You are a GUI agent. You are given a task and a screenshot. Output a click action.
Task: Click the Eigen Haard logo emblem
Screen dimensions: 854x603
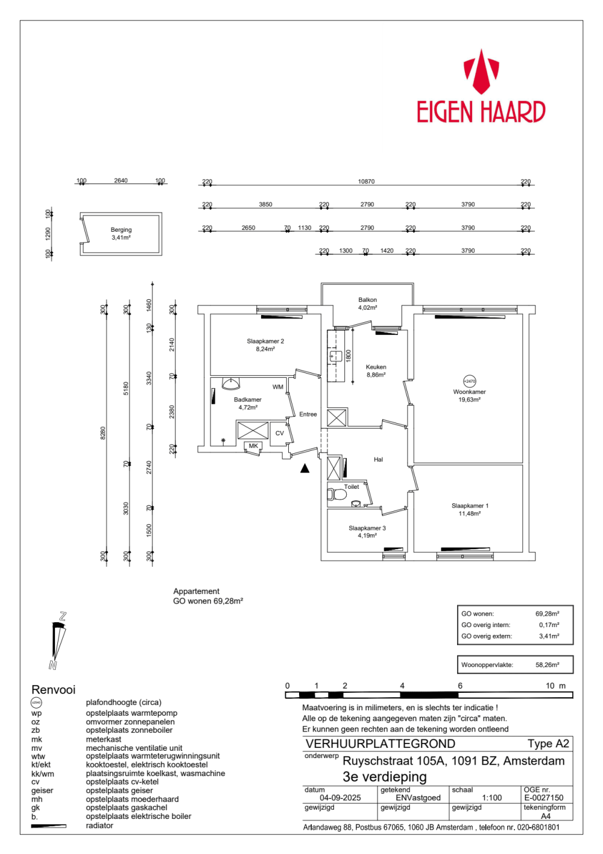pyautogui.click(x=481, y=71)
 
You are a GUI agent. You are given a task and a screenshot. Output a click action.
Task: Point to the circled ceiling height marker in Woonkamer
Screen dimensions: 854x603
pyautogui.click(x=469, y=381)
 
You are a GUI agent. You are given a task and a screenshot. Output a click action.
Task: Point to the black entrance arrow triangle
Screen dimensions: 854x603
pyautogui.click(x=305, y=468)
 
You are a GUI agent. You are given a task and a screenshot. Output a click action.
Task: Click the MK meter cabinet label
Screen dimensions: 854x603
pyautogui.click(x=253, y=446)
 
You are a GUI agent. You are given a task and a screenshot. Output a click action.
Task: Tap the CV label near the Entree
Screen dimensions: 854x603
pyautogui.click(x=280, y=433)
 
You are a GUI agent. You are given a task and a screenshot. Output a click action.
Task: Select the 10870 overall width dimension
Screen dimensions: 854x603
pyautogui.click(x=366, y=182)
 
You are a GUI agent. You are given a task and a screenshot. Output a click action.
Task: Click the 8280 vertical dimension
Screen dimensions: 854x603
pyautogui.click(x=103, y=433)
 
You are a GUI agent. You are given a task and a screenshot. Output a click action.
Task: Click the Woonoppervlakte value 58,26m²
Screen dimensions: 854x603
pyautogui.click(x=547, y=665)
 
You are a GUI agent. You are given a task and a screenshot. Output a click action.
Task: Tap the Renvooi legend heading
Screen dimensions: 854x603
pyautogui.click(x=54, y=690)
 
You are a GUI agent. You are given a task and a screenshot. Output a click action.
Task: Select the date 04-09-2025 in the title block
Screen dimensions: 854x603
pyautogui.click(x=340, y=798)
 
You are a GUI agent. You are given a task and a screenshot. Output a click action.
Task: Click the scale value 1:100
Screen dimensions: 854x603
pyautogui.click(x=492, y=798)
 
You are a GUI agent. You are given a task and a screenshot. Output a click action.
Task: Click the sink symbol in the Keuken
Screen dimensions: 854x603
pyautogui.click(x=335, y=356)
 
